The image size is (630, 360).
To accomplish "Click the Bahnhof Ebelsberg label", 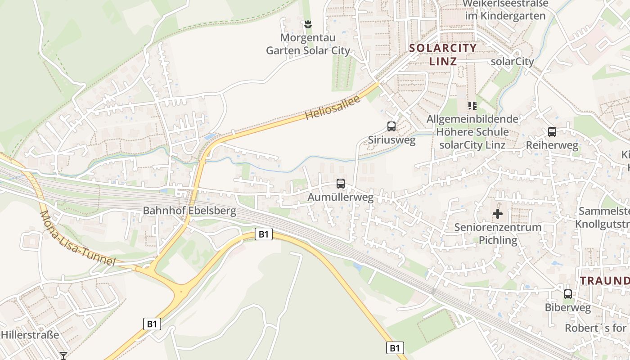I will [x=189, y=211].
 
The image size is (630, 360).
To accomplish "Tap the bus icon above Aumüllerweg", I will [x=341, y=184].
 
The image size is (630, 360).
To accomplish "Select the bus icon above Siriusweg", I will [x=391, y=126].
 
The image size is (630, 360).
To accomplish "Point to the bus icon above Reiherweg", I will [x=552, y=132].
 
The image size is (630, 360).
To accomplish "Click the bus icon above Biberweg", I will [x=568, y=294].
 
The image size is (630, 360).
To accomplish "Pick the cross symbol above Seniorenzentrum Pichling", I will [x=498, y=214].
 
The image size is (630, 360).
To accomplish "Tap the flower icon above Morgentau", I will [x=308, y=23].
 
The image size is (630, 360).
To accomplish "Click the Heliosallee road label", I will [x=333, y=108].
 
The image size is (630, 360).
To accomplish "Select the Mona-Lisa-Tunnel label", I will [x=77, y=238].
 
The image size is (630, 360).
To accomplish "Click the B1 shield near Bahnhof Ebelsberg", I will [x=264, y=234].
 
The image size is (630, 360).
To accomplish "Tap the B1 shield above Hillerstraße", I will [x=152, y=324].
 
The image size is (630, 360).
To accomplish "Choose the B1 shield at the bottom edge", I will [x=395, y=348].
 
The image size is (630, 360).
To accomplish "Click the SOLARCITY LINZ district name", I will [x=443, y=54].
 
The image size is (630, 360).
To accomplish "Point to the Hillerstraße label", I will [x=30, y=335].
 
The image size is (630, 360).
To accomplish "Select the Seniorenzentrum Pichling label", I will [x=498, y=234].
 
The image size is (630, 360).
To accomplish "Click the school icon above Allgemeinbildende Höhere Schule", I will [x=472, y=106].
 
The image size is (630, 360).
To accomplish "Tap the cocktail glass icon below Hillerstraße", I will [x=63, y=356].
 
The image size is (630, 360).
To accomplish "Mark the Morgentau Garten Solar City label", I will [x=308, y=44].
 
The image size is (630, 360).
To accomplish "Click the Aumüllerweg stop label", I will [x=340, y=198].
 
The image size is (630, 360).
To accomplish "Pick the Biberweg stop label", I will [x=567, y=308].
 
